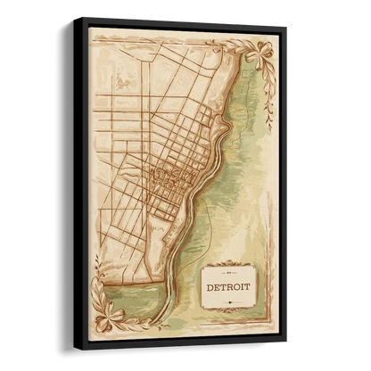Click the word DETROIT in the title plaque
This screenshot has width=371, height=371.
point(228,287)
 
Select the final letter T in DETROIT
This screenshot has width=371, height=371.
point(248,289)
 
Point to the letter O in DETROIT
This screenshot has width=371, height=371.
point(235,288)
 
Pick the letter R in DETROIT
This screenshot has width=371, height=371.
point(227,287)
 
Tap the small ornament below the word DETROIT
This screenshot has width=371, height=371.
point(228,302)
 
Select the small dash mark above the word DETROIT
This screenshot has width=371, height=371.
point(229,276)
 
